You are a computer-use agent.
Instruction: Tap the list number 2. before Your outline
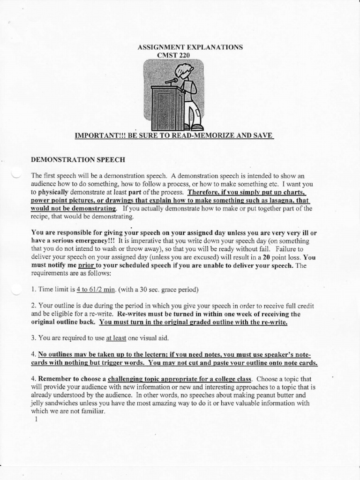coord(33,305)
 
